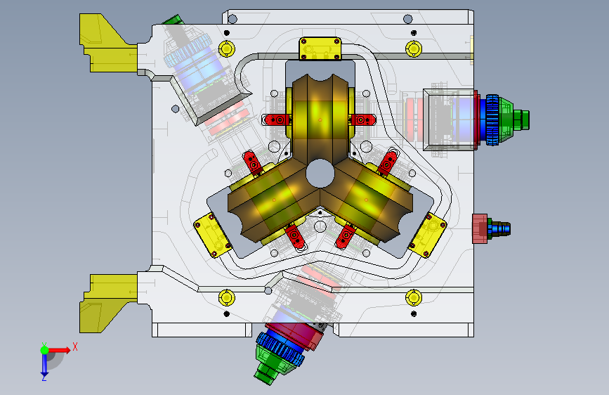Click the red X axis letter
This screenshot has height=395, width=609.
tap(75, 347)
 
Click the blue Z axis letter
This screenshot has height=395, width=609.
tap(44, 377)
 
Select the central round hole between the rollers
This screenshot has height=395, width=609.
tap(320, 174)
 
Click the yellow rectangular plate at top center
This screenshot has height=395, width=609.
tap(320, 49)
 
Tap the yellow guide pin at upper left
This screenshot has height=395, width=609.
tap(226, 49)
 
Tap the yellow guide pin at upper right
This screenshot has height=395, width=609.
tap(413, 49)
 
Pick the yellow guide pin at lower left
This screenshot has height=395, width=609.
tap(226, 298)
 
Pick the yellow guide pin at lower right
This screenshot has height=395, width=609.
tap(413, 298)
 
